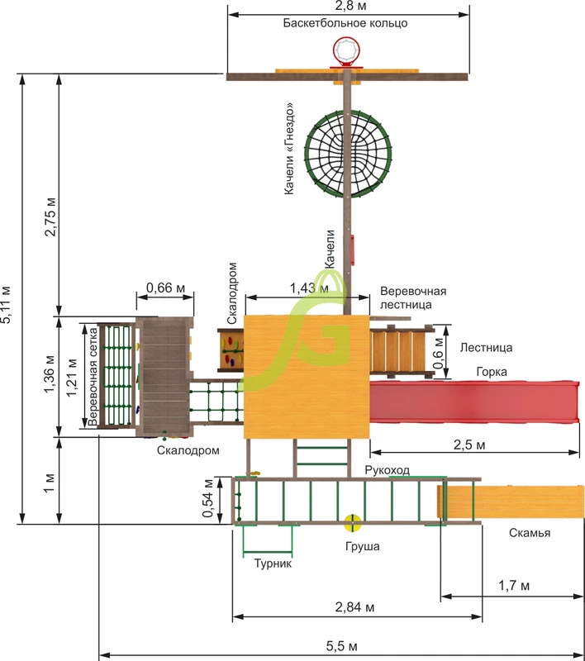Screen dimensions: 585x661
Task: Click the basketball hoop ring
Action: (x=346, y=50)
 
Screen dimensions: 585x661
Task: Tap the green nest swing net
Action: (x=348, y=155)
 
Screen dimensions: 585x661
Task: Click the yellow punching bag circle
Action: (x=352, y=523)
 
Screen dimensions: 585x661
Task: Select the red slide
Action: (x=474, y=402)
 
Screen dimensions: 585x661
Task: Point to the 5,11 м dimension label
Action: (x=6, y=305)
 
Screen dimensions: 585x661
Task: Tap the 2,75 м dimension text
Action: (x=50, y=216)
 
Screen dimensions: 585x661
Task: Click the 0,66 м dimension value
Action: (x=165, y=288)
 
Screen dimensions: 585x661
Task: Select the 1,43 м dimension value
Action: (x=309, y=288)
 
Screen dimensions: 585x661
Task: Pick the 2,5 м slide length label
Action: (x=469, y=445)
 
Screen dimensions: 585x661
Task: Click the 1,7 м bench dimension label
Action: (x=514, y=586)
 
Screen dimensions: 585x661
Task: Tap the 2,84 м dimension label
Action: (x=354, y=607)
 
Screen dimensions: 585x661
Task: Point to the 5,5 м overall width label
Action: (x=342, y=646)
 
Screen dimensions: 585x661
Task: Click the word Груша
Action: (x=363, y=547)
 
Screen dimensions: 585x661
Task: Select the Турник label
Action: (x=273, y=564)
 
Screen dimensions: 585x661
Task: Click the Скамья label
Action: (x=530, y=533)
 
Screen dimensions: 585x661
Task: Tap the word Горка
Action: (x=492, y=372)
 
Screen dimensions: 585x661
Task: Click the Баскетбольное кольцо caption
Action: (x=345, y=23)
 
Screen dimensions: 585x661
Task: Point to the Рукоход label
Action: (x=387, y=470)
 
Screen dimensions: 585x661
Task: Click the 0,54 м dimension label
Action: (x=207, y=498)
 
